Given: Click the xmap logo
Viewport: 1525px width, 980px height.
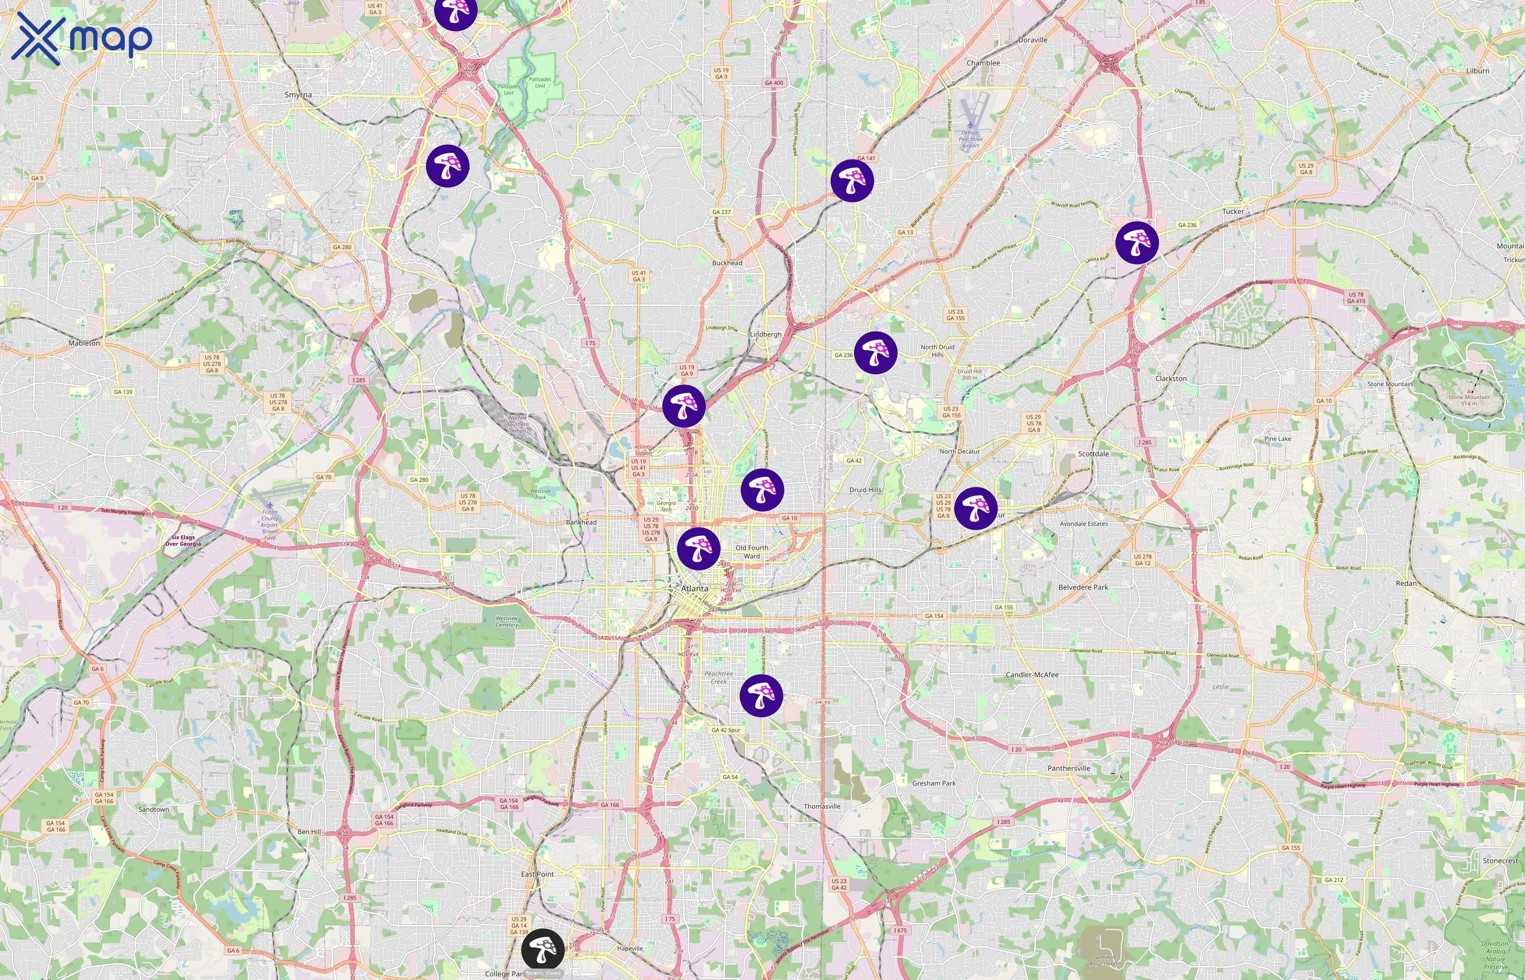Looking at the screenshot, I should point(82,38).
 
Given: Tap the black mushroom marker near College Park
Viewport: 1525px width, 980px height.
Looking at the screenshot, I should point(542,950).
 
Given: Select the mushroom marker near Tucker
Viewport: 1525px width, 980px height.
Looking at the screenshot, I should point(1137,242).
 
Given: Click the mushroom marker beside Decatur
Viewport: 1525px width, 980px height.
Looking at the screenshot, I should point(975,508).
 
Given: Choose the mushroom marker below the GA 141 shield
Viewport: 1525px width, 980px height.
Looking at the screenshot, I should point(852,181).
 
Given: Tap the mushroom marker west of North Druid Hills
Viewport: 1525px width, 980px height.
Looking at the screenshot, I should point(875,352).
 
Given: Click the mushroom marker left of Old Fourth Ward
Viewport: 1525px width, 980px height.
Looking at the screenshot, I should point(698,548).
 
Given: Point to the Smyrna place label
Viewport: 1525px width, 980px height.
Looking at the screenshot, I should point(298,95).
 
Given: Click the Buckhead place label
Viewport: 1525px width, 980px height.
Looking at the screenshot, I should point(727,263).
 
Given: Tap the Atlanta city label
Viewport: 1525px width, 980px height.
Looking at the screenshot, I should point(694,589).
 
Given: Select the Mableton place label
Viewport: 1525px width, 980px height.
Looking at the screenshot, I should point(84,343).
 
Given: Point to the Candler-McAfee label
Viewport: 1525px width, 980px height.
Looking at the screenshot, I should point(1032,675).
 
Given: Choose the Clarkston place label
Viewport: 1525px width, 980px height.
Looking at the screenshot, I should point(1170,378).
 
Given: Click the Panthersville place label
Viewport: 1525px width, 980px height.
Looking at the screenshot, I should point(1068,768).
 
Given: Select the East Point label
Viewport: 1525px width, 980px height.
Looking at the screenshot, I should point(537,874).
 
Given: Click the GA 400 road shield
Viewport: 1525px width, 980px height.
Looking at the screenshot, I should point(774,83).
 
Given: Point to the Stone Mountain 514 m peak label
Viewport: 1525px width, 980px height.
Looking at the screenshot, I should point(1468,400).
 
